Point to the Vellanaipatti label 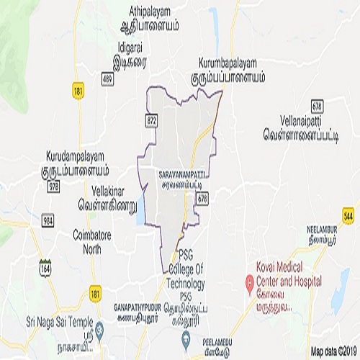295,123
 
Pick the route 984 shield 48,220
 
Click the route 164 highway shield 45,267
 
